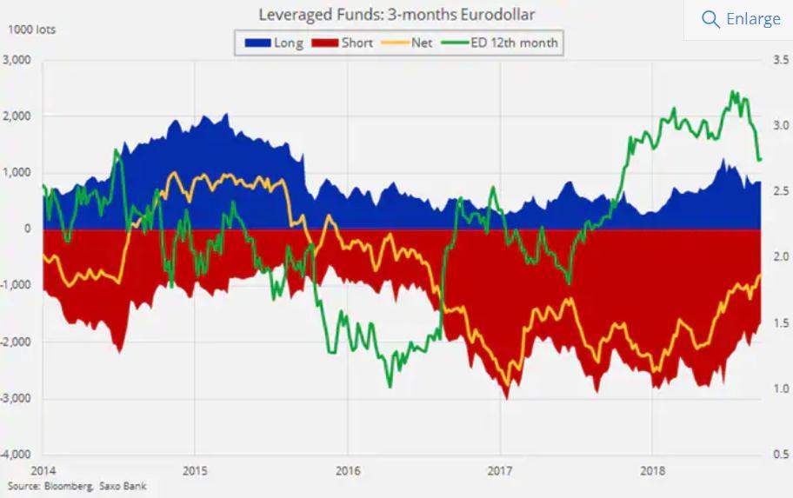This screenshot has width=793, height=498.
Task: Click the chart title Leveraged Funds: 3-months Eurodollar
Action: point(396,15)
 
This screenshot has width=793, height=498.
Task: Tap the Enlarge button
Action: point(753,19)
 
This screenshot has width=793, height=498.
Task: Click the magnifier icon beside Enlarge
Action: point(710,19)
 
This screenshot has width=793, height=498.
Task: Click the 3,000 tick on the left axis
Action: point(17,60)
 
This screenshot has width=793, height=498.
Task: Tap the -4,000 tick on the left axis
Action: point(17,455)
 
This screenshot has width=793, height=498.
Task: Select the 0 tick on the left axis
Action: point(28,229)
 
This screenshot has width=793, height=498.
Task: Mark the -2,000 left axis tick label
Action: point(17,342)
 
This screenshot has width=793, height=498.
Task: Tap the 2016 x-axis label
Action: point(347,470)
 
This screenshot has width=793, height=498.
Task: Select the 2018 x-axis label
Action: point(652,470)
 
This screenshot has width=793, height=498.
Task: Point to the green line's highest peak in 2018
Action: point(732,91)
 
